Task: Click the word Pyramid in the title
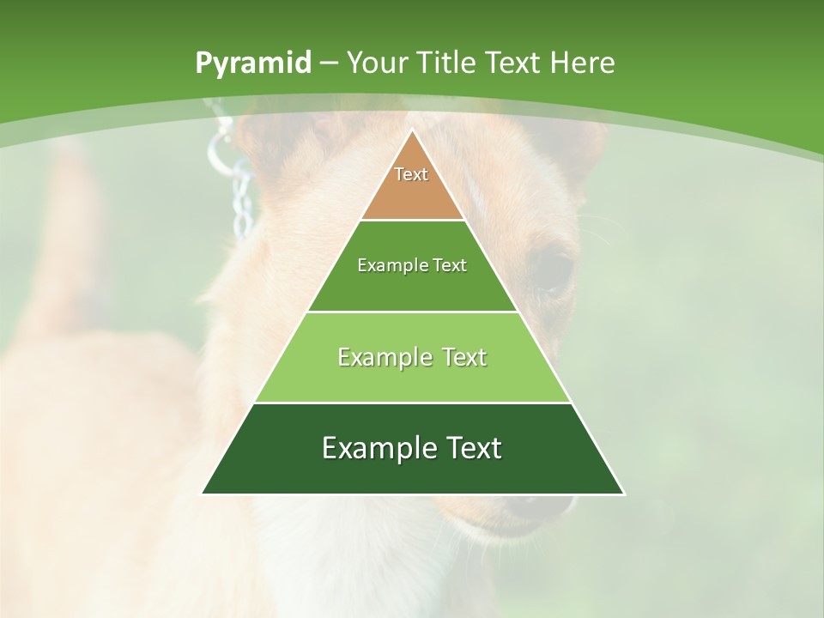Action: [252, 64]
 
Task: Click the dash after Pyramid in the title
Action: [329, 64]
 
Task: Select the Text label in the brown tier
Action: [411, 174]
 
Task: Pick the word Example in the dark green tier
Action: [376, 448]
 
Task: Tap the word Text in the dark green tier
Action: [470, 448]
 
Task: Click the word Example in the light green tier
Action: [383, 357]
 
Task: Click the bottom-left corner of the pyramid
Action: [203, 493]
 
